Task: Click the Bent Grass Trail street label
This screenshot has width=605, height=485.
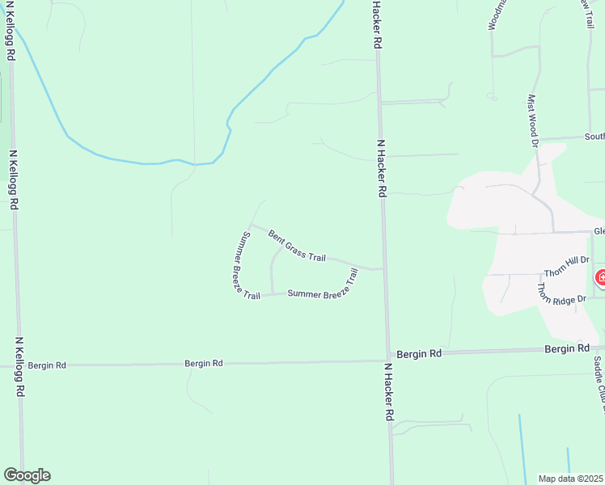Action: click(297, 247)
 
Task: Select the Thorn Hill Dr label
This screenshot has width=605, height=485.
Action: click(568, 266)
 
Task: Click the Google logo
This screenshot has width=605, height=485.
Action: click(27, 475)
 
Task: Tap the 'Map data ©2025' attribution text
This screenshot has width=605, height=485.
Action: click(571, 478)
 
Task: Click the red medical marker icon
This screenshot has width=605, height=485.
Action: click(601, 279)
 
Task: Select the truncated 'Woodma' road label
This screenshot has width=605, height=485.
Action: click(496, 15)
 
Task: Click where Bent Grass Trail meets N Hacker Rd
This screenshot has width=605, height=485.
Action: click(382, 268)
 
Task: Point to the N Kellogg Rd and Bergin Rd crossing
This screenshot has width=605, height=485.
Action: click(19, 365)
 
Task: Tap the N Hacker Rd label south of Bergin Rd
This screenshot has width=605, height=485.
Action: click(388, 391)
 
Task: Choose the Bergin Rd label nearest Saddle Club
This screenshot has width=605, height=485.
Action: click(566, 348)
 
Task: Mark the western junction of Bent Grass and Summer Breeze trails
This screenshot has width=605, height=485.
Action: click(251, 226)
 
